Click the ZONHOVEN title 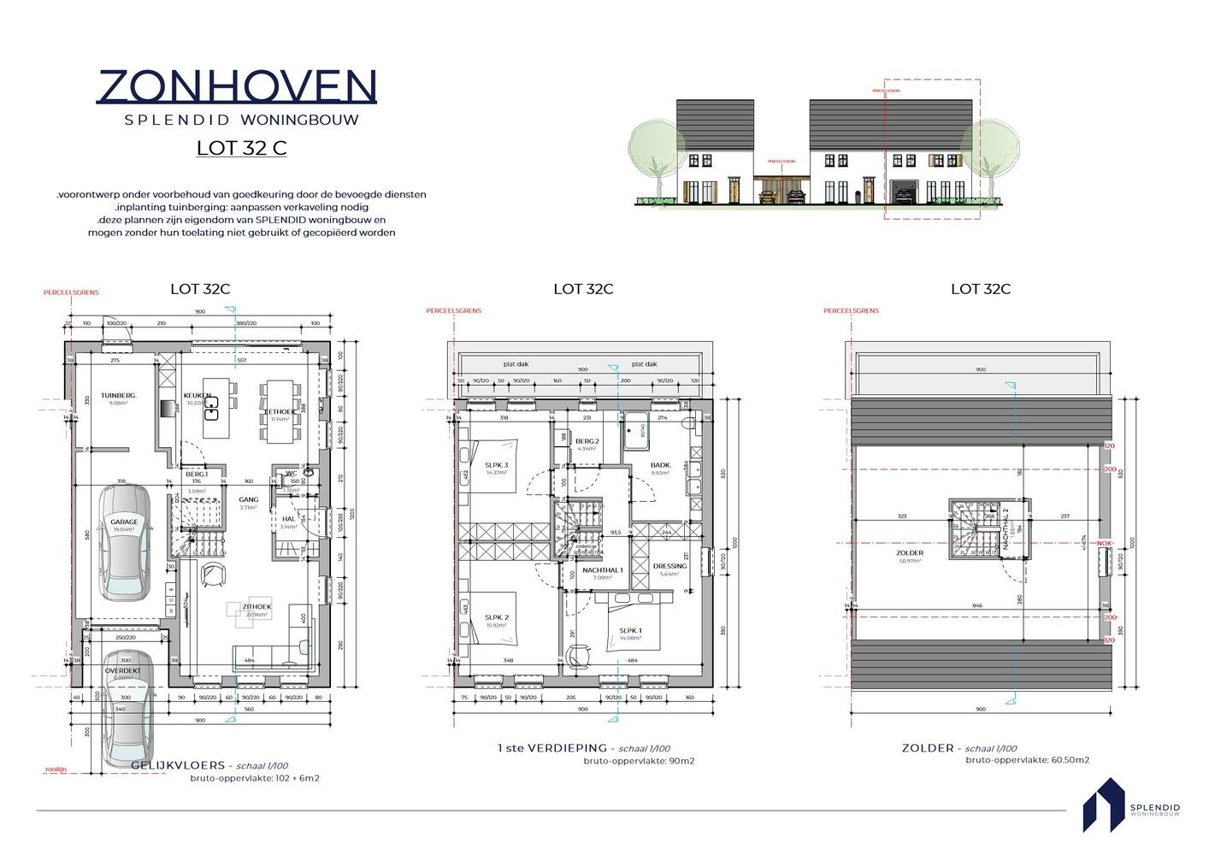(237, 86)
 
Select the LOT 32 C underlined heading (241, 148)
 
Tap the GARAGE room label (124, 522)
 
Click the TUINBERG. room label (119, 396)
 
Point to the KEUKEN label (197, 396)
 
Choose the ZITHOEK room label (257, 607)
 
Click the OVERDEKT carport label (123, 671)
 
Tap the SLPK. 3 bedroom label (496, 465)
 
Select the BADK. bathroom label (660, 465)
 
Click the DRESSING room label (669, 566)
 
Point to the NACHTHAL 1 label (603, 570)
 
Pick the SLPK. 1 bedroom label (630, 631)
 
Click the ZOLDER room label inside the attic (910, 553)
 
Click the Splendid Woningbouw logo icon (1103, 805)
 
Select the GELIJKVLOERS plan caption (178, 765)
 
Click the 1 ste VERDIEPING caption (552, 748)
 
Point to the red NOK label (1105, 543)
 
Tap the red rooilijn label (56, 769)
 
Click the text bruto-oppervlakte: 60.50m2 (1027, 760)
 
